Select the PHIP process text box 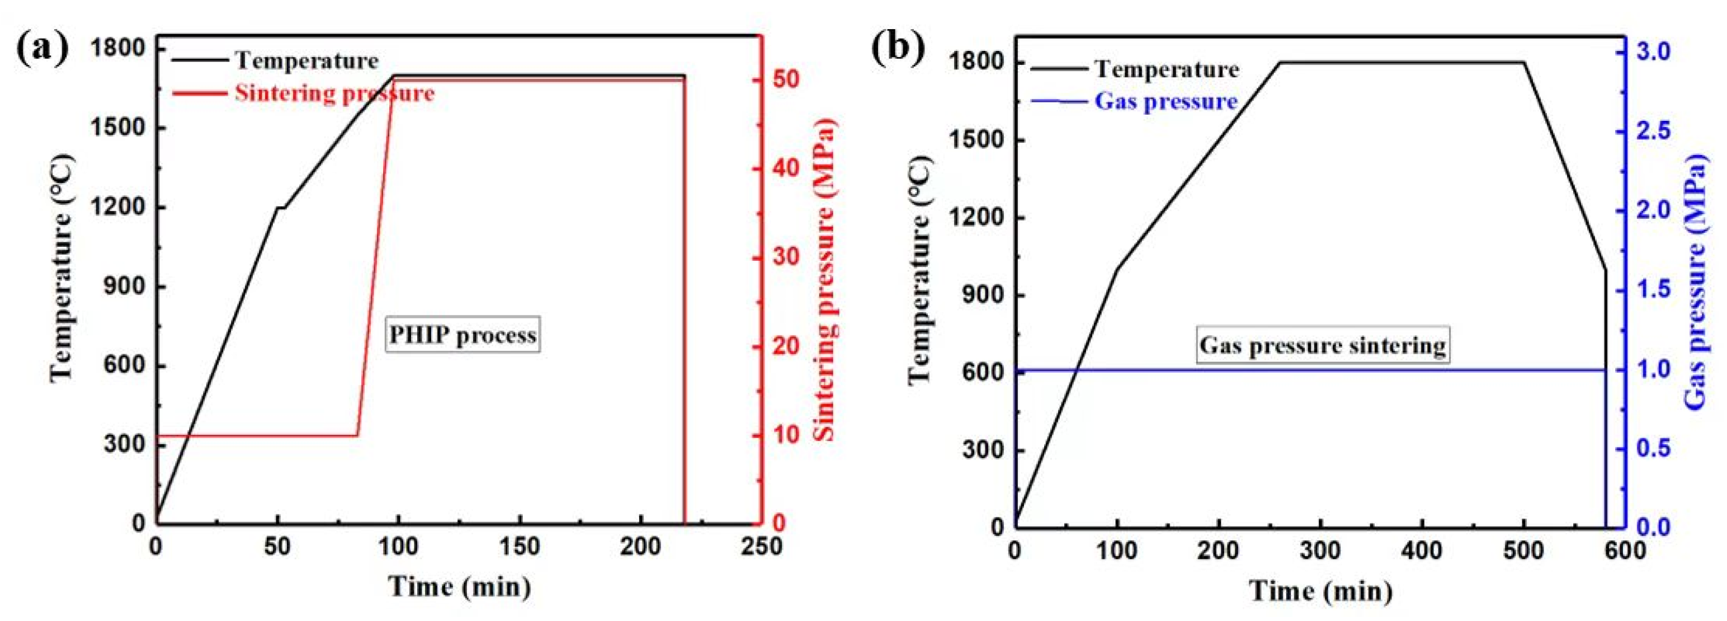pyautogui.click(x=463, y=335)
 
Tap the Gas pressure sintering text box pyautogui.click(x=1322, y=345)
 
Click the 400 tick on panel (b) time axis pyautogui.click(x=1422, y=551)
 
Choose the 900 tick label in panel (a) pyautogui.click(x=125, y=286)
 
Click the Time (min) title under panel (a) pyautogui.click(x=460, y=587)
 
